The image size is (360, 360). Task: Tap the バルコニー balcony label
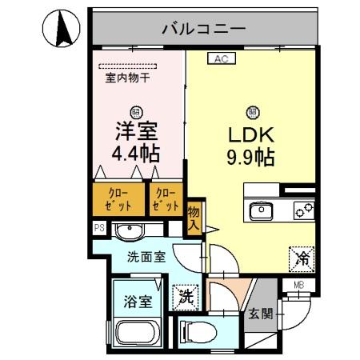coord(203,30)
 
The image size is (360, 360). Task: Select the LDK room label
coord(252,134)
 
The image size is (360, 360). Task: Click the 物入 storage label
coord(194,218)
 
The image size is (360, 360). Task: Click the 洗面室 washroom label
coord(146,258)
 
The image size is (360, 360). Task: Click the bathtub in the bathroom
coord(138,334)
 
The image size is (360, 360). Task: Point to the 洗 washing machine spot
coord(184,295)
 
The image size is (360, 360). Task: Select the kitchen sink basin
coord(262,212)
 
